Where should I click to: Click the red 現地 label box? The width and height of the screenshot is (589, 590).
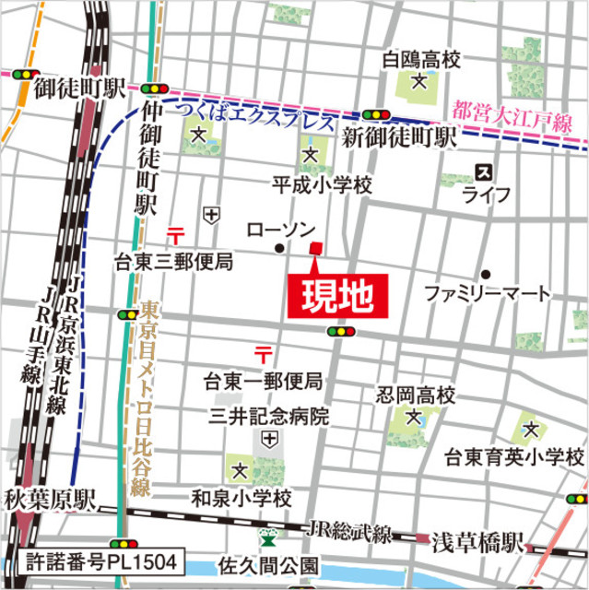(x=337, y=297)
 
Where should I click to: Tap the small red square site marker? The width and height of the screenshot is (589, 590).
(x=316, y=247)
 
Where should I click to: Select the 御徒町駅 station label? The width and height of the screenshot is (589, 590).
(x=79, y=89)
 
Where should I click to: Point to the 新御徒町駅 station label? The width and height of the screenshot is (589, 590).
(x=399, y=138)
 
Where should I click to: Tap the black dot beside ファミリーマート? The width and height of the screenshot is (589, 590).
(x=485, y=274)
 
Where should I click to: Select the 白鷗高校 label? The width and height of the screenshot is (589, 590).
(x=420, y=61)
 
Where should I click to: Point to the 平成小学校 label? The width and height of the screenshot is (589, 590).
(x=322, y=185)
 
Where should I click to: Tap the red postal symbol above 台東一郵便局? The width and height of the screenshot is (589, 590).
(x=264, y=353)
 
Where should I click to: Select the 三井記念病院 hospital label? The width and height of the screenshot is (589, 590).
(x=269, y=417)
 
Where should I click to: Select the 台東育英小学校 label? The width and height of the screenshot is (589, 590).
(x=514, y=457)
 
